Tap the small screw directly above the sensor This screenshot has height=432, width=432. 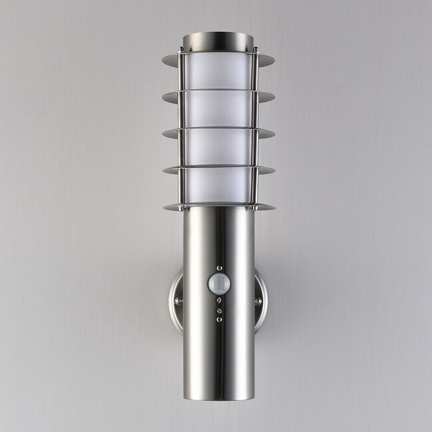point(219,268)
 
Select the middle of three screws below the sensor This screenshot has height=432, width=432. point(219,309)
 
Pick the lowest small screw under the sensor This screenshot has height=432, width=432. point(219,320)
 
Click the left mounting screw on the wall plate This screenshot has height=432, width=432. point(178,301)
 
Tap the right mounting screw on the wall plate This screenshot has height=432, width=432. point(258,301)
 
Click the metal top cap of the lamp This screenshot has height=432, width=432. point(218,40)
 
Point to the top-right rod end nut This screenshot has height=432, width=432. point(255,48)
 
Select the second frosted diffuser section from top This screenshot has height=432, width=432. point(218,108)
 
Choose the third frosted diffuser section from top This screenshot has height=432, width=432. point(218,146)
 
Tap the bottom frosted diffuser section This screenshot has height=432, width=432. point(218,185)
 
